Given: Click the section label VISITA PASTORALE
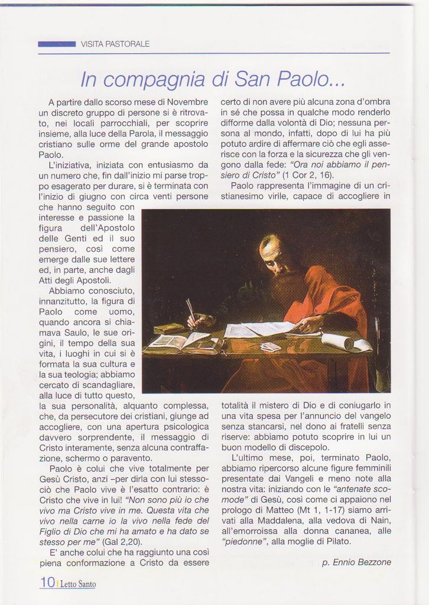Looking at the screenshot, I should pos(115,44).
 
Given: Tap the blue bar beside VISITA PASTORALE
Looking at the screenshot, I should pos(57,44).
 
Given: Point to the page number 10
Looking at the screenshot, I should pos(47,582).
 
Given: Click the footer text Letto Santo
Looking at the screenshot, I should pos(78,584).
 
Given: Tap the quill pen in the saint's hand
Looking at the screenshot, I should pos(191,311).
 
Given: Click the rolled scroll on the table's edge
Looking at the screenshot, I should pos(337,341).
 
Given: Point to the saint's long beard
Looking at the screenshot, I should pos(287,289).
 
